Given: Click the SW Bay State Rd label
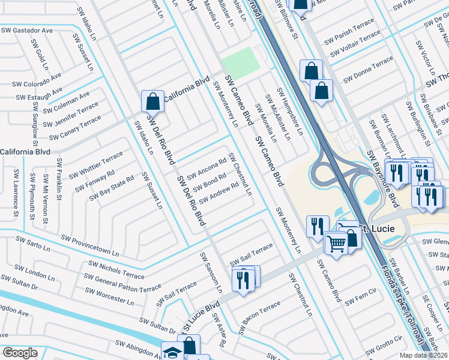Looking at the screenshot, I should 111,189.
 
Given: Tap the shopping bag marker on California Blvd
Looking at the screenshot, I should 152,101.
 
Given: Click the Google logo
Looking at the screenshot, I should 20,353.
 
